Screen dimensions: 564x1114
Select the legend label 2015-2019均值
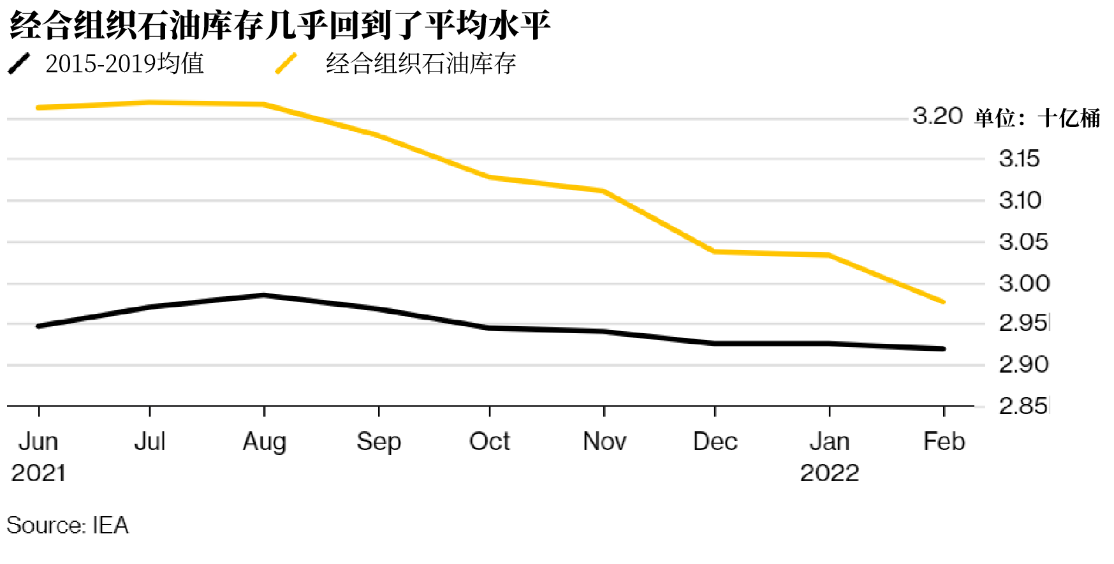tap(125, 64)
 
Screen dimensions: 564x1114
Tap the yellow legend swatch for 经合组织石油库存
tap(286, 64)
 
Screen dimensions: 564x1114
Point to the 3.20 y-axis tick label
tap(937, 116)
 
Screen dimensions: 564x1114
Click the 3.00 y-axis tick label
tap(1023, 283)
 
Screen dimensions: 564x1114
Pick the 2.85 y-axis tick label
tap(1023, 406)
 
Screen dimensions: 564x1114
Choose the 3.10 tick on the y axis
tap(1020, 200)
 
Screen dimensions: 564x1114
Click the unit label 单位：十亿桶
tap(1037, 118)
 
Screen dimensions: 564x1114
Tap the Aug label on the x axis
tap(265, 442)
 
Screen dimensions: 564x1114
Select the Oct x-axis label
tap(490, 442)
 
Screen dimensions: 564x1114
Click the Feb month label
tap(944, 442)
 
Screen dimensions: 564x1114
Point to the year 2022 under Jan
tap(830, 473)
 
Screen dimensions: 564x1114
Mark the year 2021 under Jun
tap(39, 473)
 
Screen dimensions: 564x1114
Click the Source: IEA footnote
tap(68, 525)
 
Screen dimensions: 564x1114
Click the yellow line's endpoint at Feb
tap(944, 302)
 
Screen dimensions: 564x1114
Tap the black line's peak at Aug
tap(265, 295)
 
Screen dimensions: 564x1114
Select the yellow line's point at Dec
tap(715, 251)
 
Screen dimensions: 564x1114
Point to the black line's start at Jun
tap(39, 326)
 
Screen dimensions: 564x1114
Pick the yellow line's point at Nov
tap(604, 191)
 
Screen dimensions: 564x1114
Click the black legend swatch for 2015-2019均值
tap(19, 64)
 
